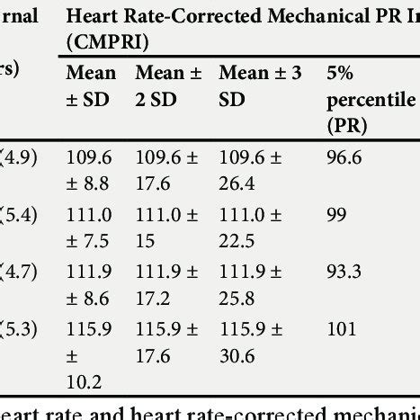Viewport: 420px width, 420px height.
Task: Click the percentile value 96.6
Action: coord(343,158)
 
